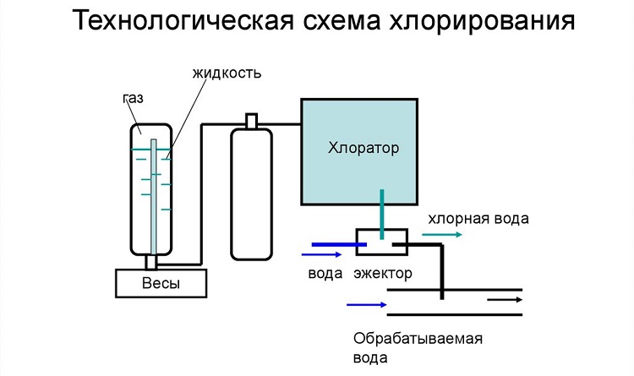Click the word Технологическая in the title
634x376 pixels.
point(183,20)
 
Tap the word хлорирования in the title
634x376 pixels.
point(482,21)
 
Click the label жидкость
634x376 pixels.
point(227,74)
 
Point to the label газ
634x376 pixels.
point(133,98)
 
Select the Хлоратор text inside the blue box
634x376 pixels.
point(363,148)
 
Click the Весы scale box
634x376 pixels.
point(161,283)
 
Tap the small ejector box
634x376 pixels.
point(382,242)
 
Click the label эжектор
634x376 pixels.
point(383,274)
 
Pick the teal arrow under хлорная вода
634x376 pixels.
point(442,235)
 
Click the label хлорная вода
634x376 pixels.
point(478,219)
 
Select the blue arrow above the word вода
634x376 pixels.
point(322,254)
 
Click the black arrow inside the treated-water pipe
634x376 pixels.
point(505,300)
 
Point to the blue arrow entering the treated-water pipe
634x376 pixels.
point(367,304)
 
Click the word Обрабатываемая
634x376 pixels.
point(418,338)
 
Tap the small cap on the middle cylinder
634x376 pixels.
point(252,121)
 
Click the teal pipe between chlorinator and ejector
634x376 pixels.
point(382,215)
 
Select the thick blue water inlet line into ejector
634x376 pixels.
point(339,244)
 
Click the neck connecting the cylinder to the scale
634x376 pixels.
point(150,263)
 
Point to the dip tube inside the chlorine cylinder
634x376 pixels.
point(153,197)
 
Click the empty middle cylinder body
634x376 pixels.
point(252,194)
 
